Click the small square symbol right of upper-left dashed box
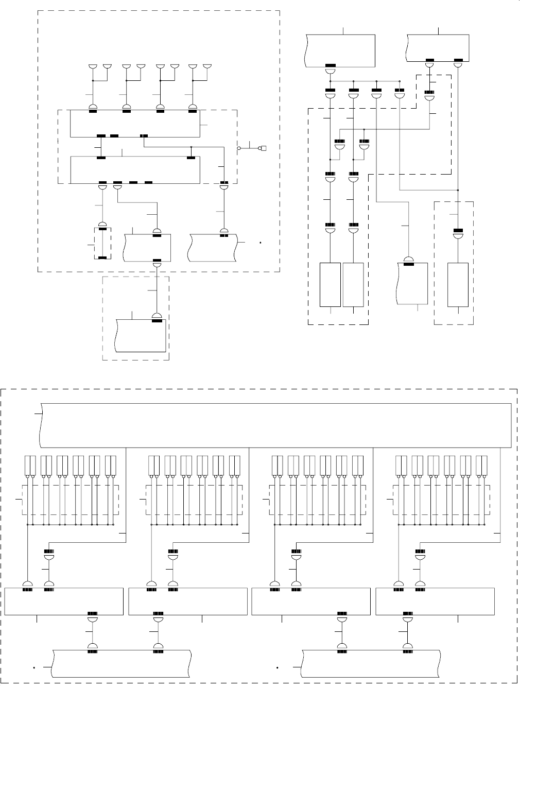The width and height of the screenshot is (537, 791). click(263, 148)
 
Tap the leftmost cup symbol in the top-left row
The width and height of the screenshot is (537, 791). click(93, 67)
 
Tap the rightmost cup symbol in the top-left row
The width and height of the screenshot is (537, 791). click(208, 67)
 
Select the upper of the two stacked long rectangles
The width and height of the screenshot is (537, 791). click(134, 124)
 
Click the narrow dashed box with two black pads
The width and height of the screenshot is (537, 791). click(102, 243)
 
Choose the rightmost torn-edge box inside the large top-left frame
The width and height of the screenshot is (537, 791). click(213, 248)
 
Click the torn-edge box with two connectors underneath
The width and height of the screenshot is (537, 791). click(438, 48)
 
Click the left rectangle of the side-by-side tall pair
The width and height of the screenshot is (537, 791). click(331, 285)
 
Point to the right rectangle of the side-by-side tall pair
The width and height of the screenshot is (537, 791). click(353, 285)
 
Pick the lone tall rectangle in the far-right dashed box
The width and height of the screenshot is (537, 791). click(458, 285)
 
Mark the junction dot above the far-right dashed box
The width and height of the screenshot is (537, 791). click(458, 190)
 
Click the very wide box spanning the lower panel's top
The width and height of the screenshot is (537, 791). click(275, 425)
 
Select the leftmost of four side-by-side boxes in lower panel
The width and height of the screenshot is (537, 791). click(64, 601)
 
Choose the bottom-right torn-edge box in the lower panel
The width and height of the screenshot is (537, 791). click(371, 665)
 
